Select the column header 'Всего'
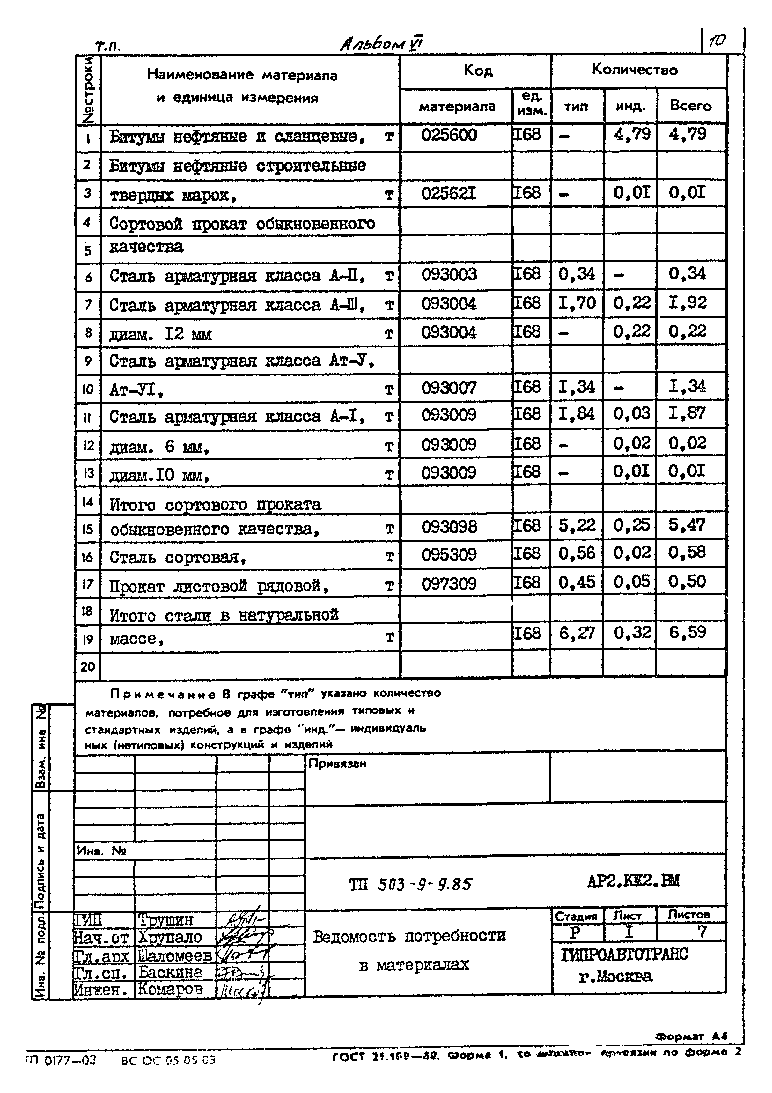coord(690,106)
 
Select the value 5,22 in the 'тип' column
coord(577,525)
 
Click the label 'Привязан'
coord(337,763)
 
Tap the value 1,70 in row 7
coord(577,303)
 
